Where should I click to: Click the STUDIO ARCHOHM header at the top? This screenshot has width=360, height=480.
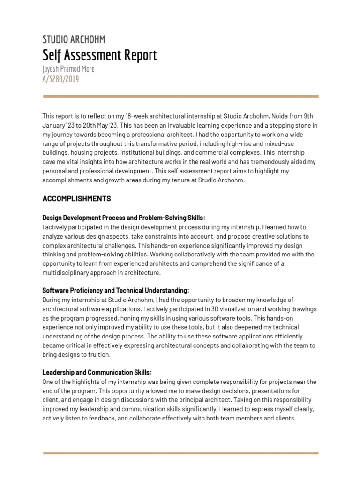click(x=74, y=39)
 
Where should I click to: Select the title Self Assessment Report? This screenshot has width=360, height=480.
click(x=99, y=55)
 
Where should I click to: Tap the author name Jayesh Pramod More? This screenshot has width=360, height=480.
click(x=68, y=69)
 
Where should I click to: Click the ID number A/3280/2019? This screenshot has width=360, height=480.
click(x=60, y=79)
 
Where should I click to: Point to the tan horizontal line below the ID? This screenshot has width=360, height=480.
click(x=180, y=96)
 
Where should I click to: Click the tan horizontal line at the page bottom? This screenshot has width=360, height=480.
click(x=180, y=453)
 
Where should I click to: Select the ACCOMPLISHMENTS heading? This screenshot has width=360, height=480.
click(x=76, y=199)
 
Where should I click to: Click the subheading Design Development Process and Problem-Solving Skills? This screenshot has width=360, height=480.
click(x=124, y=218)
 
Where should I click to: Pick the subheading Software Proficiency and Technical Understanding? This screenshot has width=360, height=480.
click(x=116, y=291)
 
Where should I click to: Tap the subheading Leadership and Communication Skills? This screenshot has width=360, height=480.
click(x=97, y=373)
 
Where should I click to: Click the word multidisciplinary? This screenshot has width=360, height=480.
click(x=64, y=273)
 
